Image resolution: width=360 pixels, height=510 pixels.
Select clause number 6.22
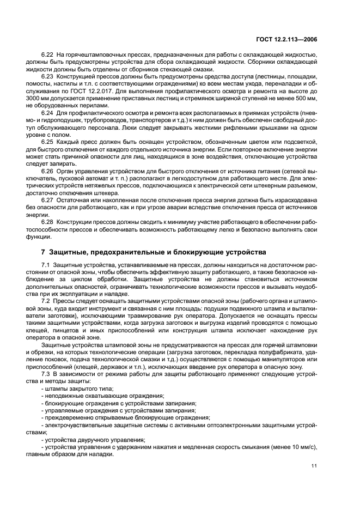tap(47, 56)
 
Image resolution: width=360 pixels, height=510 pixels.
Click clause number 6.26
tap(47, 170)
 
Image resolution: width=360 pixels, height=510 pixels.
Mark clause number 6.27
tap(47, 199)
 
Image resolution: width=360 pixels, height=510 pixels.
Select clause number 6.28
tap(47, 221)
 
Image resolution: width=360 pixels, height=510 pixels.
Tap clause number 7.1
tap(46, 264)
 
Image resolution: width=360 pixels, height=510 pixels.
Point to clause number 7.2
tap(46, 301)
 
